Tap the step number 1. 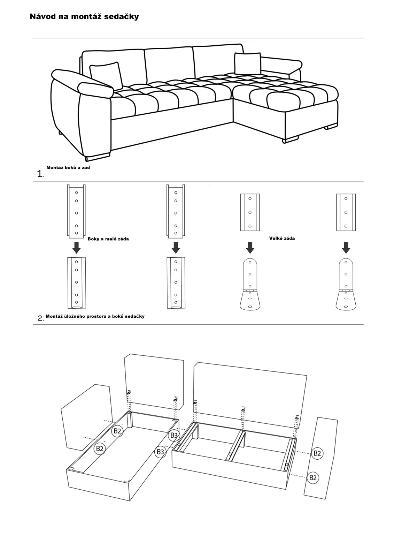point(40,174)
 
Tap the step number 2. point(40,318)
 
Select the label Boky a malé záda point(108,239)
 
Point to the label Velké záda point(282,239)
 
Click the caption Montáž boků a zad point(68,168)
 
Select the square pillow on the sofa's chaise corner point(247,63)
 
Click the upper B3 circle point(174,435)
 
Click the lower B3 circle point(160,452)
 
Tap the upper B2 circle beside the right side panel point(317,453)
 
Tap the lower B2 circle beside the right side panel point(313,477)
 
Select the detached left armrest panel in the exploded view point(86,416)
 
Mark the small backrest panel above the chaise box point(154,382)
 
